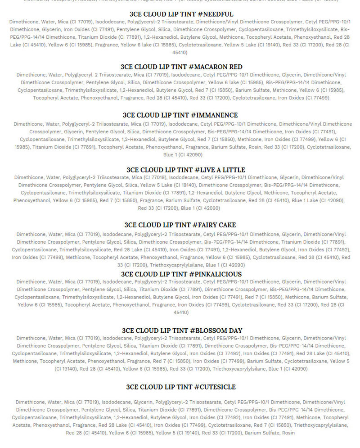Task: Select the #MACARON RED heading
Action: [181, 67]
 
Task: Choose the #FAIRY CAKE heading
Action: [180, 225]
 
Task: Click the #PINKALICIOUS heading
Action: [181, 274]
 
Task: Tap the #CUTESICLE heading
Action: [180, 387]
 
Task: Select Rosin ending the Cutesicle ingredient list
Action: [288, 433]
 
